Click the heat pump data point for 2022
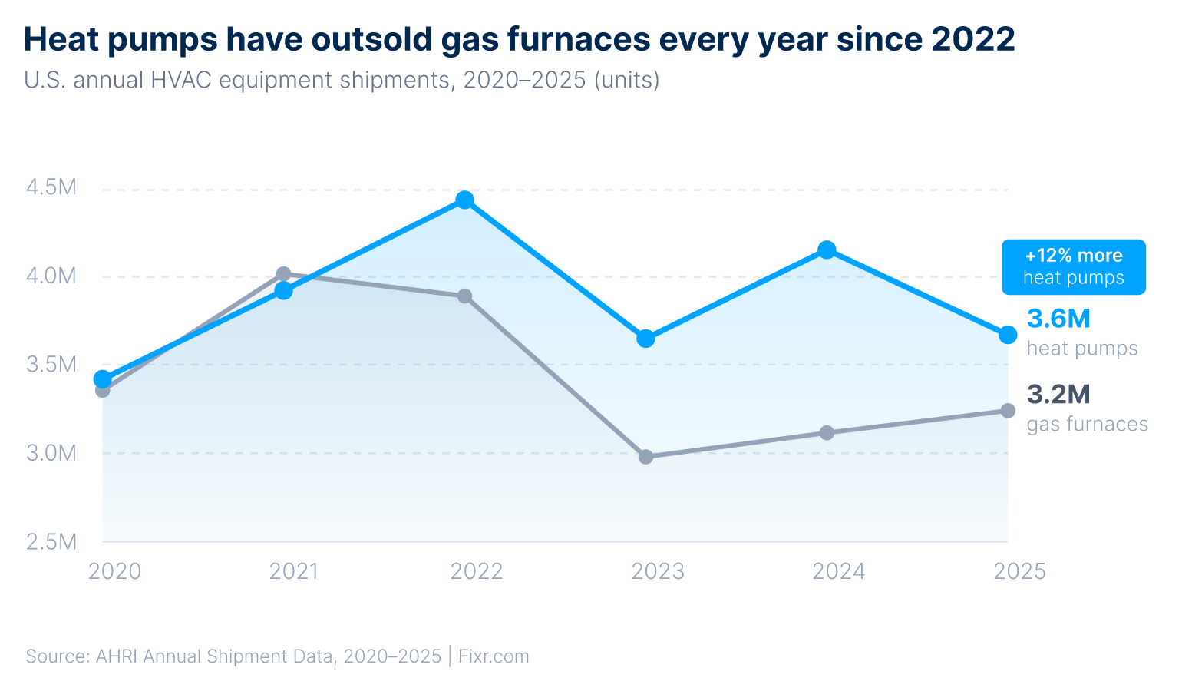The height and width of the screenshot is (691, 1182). tap(464, 200)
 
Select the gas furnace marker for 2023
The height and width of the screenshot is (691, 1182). tap(645, 457)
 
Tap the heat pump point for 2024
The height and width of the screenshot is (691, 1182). tap(827, 250)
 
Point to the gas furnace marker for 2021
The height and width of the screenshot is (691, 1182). tap(283, 274)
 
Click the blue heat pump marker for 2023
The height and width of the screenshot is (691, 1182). tap(645, 339)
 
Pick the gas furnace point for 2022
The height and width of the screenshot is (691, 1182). tap(464, 296)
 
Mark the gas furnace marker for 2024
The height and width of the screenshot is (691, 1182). tap(827, 433)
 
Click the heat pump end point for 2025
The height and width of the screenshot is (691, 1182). tap(1008, 335)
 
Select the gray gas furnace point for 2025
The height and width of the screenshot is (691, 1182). tap(1008, 411)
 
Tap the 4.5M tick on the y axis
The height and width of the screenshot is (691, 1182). tap(51, 187)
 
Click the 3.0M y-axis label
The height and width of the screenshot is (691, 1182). tap(51, 453)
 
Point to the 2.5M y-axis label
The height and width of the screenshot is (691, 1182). tap(51, 542)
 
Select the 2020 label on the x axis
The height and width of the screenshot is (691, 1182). tap(114, 571)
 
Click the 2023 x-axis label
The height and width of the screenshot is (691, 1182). tap(658, 571)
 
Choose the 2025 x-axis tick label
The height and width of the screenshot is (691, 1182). tap(1019, 571)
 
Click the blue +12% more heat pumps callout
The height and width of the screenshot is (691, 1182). tap(1073, 267)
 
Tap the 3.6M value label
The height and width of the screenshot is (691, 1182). tap(1058, 319)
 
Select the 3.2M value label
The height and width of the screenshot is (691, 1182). tap(1058, 395)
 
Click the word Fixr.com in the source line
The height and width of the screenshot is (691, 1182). tap(494, 656)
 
